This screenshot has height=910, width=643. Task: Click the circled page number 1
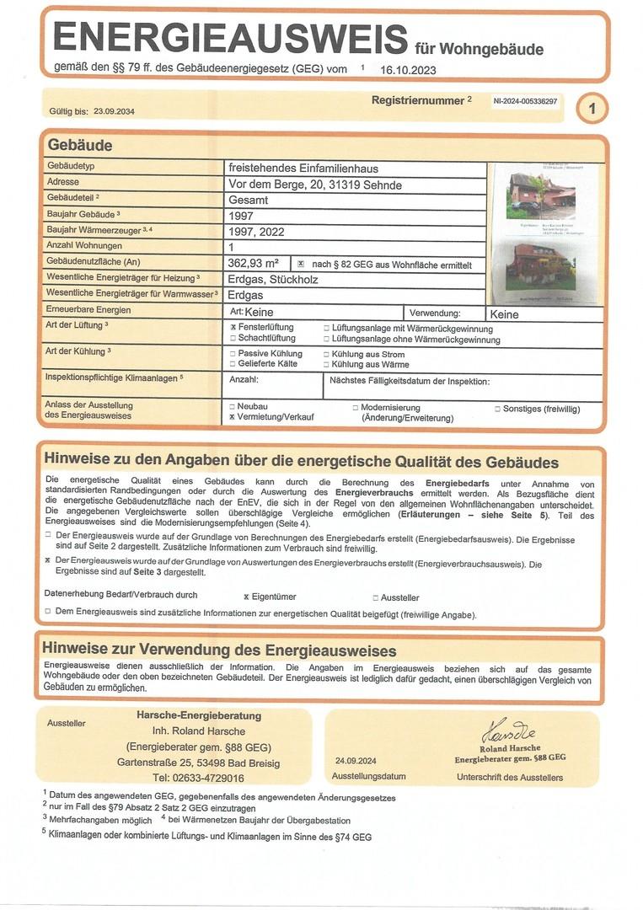592,108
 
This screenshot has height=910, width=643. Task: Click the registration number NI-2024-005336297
526,101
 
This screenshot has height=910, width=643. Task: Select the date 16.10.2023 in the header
408,70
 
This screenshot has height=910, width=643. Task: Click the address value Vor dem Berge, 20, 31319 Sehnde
315,184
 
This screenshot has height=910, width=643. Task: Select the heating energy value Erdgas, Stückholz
274,280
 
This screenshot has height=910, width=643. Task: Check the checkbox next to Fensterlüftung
233,327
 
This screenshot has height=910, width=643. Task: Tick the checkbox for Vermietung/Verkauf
232,417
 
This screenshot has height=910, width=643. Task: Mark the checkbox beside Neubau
232,406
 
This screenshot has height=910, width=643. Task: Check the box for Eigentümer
246,597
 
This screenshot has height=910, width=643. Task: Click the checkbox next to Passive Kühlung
233,354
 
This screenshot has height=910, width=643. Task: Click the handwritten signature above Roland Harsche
508,730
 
